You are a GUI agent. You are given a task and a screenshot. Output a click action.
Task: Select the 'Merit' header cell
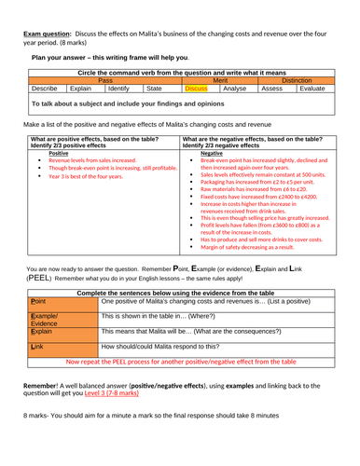click(220, 81)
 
